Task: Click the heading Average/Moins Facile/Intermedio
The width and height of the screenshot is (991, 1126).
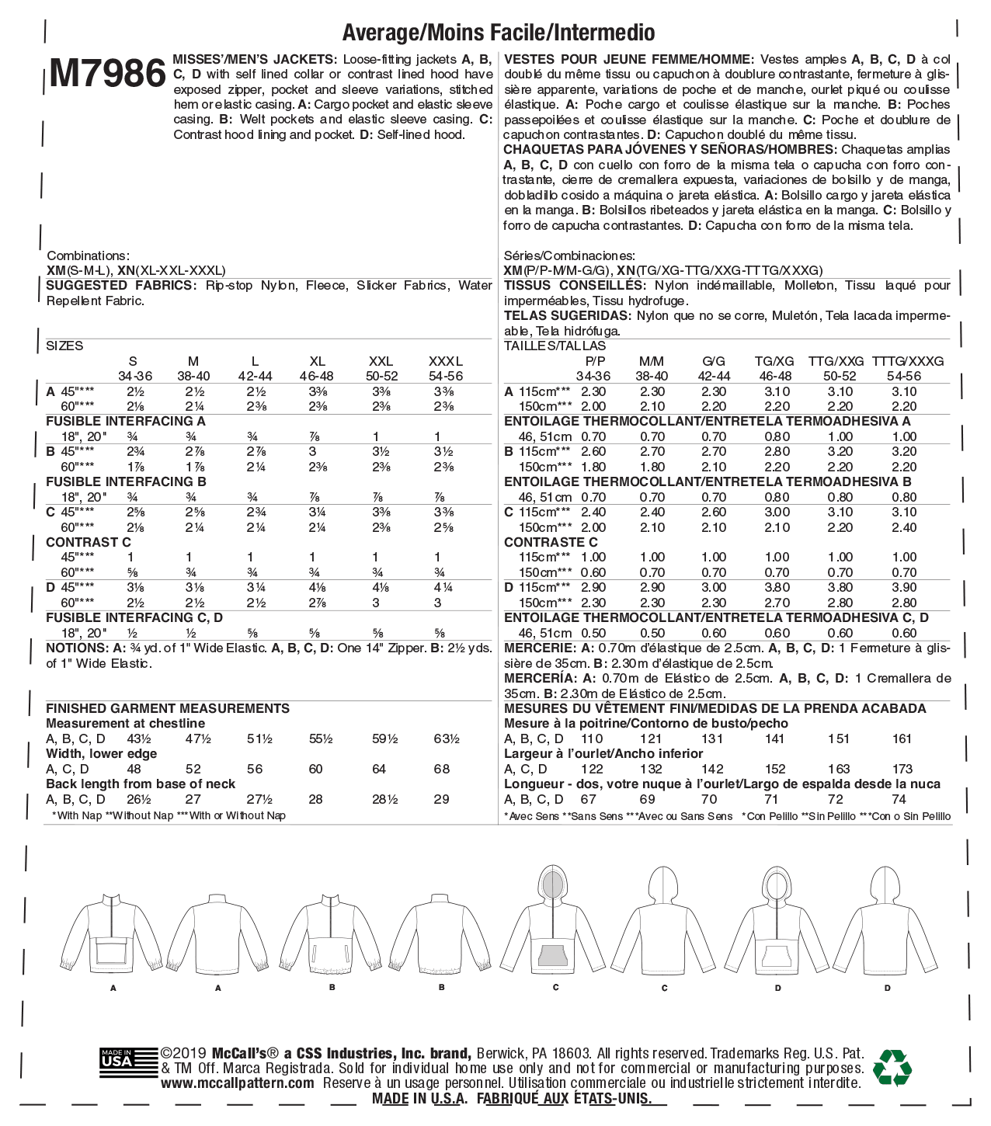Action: [498, 32]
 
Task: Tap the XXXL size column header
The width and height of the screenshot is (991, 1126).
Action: [445, 361]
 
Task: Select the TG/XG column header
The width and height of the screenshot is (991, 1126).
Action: [774, 361]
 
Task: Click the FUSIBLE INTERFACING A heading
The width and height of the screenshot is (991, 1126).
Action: [126, 421]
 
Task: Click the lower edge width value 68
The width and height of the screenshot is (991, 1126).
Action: [442, 769]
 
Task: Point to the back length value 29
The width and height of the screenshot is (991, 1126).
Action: [441, 799]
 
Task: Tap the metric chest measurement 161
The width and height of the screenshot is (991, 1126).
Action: [902, 739]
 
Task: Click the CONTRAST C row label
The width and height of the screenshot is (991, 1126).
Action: [88, 542]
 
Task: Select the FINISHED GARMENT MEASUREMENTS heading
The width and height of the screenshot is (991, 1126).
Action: [167, 708]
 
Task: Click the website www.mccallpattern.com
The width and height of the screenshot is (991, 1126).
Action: [238, 1083]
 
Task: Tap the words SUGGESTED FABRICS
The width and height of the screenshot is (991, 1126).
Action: [121, 286]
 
